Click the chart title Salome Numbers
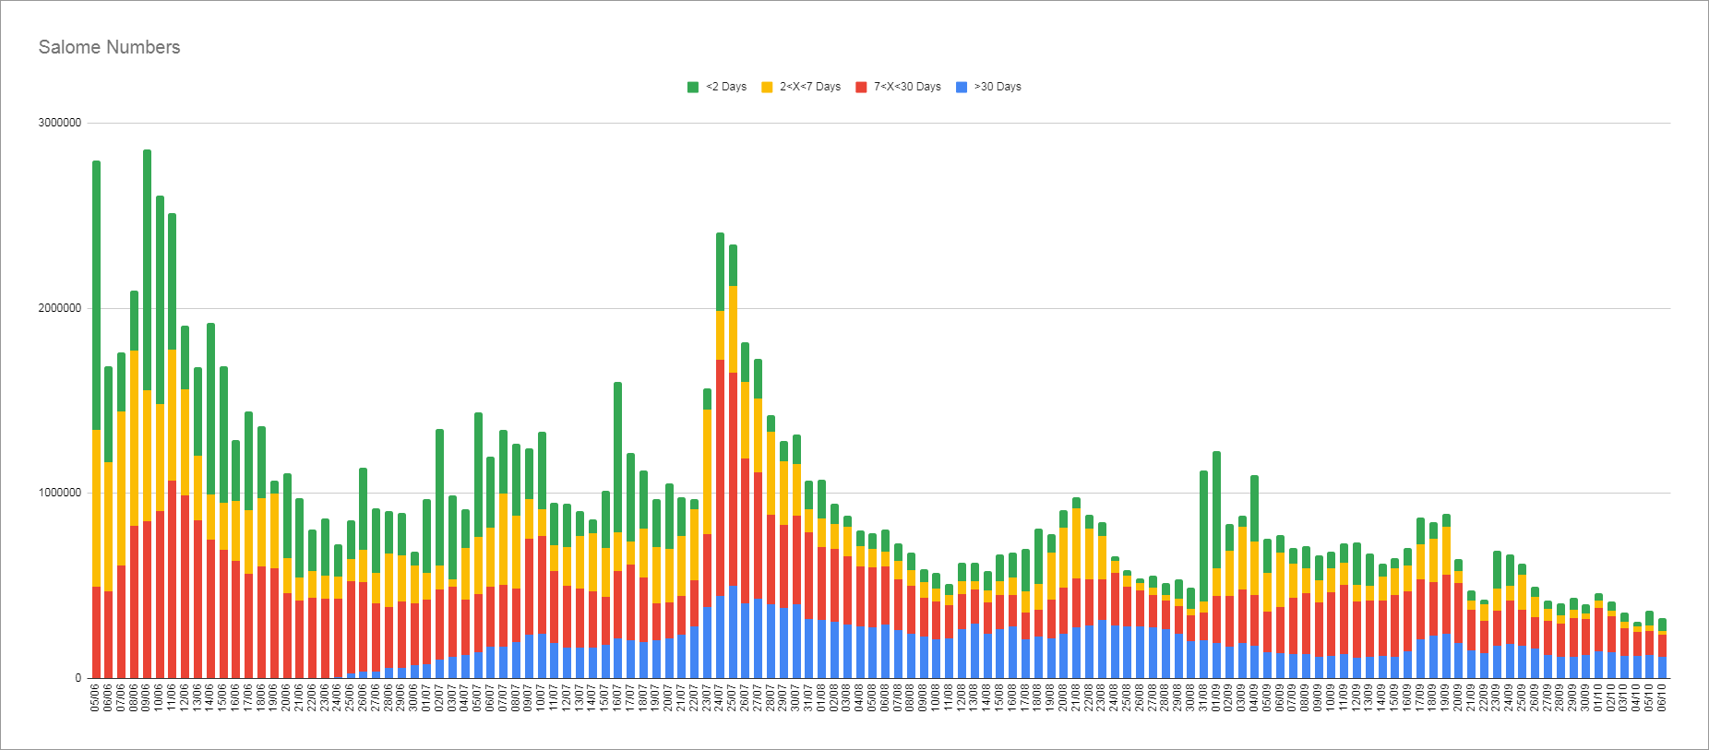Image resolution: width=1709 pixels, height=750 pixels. [x=109, y=47]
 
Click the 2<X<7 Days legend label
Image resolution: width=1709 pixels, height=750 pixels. [x=809, y=87]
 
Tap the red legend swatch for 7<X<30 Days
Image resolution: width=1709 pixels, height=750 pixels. [x=861, y=87]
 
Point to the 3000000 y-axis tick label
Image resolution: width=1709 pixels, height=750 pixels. [x=59, y=123]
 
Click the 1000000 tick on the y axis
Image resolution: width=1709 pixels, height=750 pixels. [x=59, y=493]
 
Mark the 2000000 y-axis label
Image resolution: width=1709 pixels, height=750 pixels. [x=59, y=308]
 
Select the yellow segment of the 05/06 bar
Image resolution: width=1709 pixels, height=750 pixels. [x=96, y=507]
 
